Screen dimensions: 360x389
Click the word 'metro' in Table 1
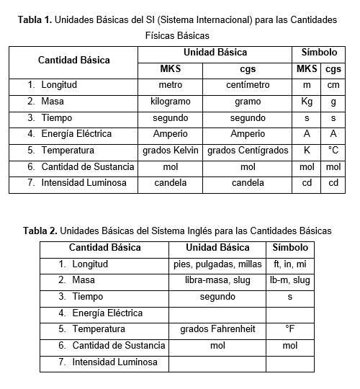[170, 85]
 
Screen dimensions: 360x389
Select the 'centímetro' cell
[248, 85]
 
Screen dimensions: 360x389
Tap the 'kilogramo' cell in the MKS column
[170, 102]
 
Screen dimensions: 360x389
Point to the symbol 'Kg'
[307, 102]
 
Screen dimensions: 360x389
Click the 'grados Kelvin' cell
[170, 151]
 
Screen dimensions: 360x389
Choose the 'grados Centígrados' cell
[248, 151]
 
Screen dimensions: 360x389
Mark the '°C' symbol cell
[333, 151]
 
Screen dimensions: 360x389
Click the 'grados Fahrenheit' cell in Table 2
[217, 329]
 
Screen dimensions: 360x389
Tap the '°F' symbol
[289, 329]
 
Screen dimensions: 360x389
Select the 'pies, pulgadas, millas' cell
[217, 264]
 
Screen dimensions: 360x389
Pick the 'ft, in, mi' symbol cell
[289, 264]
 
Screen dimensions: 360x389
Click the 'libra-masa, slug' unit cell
[217, 280]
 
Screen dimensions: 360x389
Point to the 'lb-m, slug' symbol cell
[289, 280]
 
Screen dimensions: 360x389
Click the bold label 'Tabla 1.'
[35, 20]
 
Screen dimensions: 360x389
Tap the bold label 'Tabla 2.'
[40, 231]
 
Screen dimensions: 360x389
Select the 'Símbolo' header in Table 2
[289, 247]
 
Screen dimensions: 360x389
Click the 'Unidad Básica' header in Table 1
[215, 53]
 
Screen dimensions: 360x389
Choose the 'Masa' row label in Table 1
[52, 102]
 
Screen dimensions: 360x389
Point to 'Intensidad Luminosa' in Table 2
[114, 362]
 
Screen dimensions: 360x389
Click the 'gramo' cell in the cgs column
[248, 102]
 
